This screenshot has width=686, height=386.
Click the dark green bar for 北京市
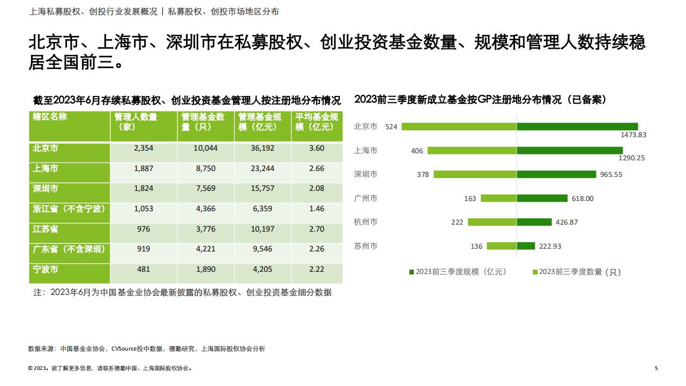[577, 127]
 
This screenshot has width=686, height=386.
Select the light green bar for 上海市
[472, 151]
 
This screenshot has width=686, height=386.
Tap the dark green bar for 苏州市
[526, 246]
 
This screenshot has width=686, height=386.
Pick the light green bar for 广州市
[499, 198]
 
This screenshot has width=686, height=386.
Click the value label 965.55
[611, 174]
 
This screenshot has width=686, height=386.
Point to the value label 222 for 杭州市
[457, 222]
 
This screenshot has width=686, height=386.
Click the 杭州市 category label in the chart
[366, 222]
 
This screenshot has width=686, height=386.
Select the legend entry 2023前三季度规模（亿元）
[458, 272]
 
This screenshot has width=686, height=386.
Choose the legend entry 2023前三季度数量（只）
[577, 272]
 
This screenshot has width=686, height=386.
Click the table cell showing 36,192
[263, 148]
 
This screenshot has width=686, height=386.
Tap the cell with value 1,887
[143, 168]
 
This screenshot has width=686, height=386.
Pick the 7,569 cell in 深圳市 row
[205, 188]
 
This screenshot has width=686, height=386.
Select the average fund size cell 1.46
[317, 209]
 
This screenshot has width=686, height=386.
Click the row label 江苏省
[46, 229]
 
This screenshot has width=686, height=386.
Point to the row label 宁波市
[46, 269]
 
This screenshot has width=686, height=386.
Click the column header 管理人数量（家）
[136, 122]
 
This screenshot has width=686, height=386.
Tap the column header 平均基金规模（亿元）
[316, 122]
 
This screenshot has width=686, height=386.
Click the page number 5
[657, 368]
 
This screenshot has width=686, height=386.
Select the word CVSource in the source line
[124, 348]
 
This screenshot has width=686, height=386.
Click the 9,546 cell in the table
[263, 249]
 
